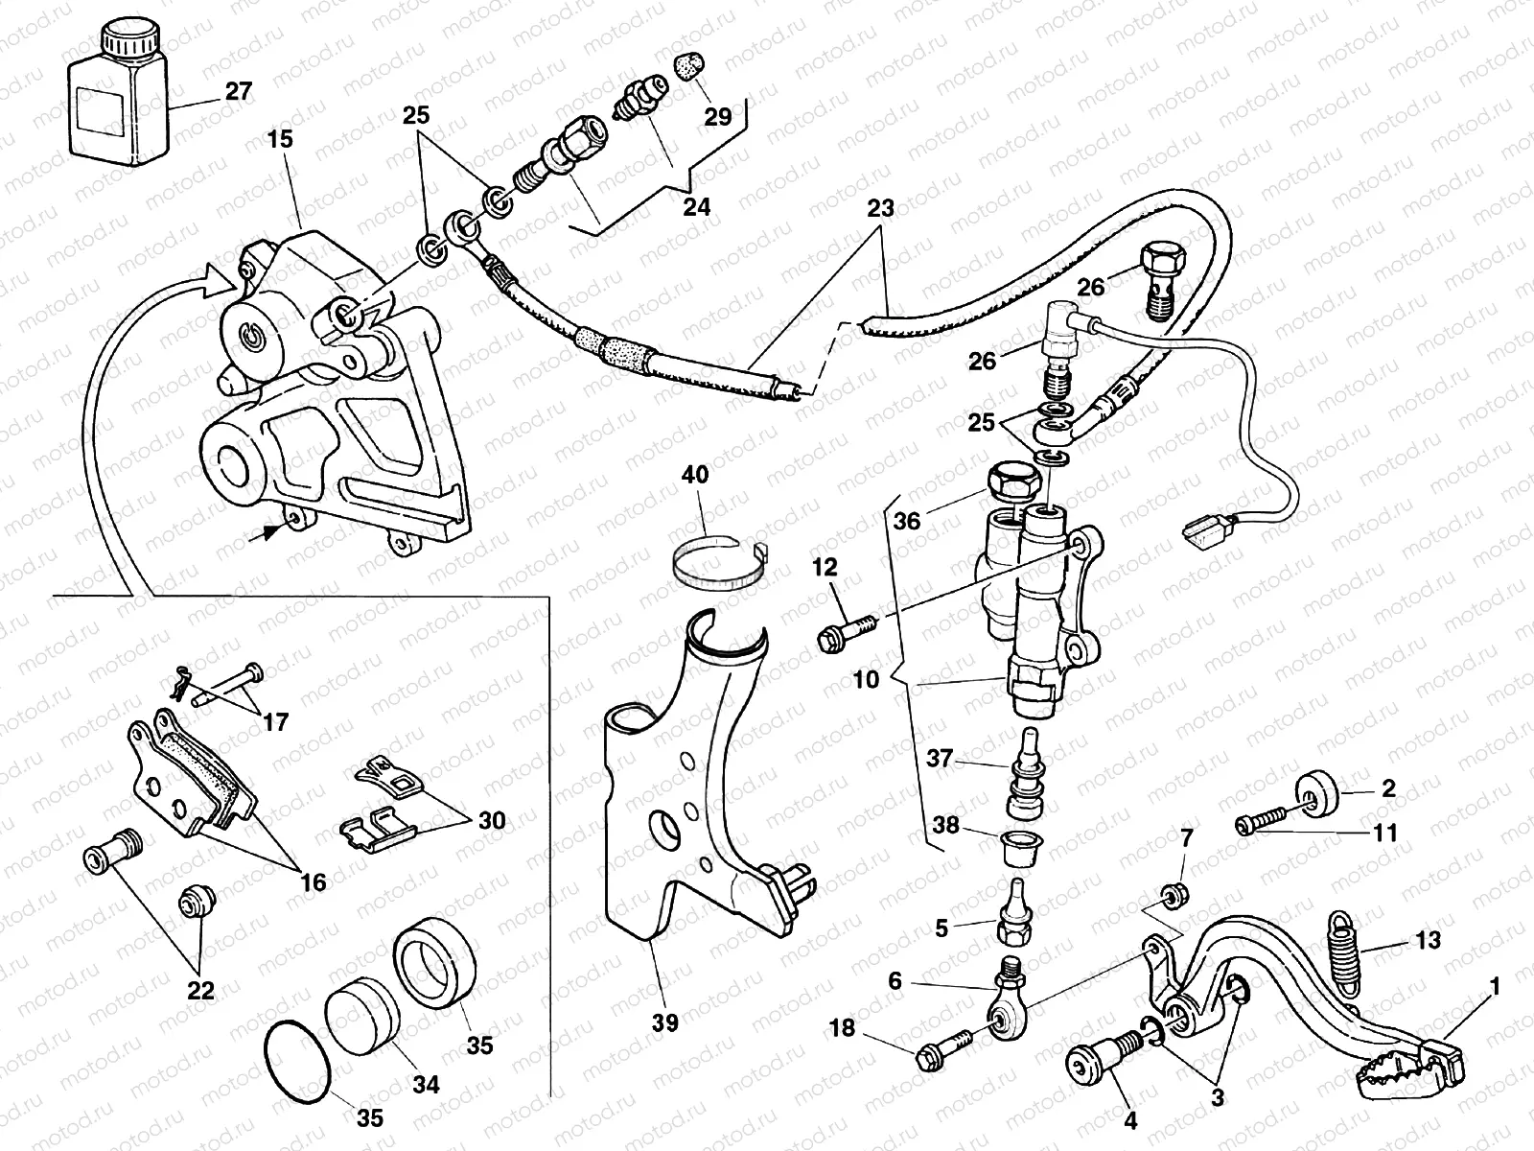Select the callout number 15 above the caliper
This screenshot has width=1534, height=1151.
pos(280,139)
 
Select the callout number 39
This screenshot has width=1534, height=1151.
pos(664,1022)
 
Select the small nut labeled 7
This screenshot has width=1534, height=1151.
pos(1170,896)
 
